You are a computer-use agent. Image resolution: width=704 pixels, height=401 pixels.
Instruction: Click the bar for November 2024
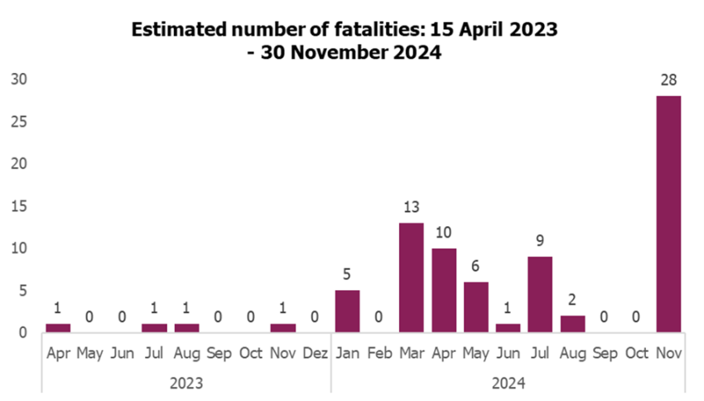[668, 214]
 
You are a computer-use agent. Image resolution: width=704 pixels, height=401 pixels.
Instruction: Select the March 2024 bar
[412, 278]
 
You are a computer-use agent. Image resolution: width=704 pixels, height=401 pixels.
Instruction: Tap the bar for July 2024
[540, 294]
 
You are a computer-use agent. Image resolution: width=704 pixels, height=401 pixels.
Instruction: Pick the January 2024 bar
[347, 311]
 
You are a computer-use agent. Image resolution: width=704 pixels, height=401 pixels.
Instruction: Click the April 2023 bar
[58, 327]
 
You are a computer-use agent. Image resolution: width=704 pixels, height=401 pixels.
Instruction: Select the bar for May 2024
[475, 307]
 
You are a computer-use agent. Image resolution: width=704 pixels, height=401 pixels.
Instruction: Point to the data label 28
[668, 80]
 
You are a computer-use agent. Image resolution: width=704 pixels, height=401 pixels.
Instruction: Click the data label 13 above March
[412, 207]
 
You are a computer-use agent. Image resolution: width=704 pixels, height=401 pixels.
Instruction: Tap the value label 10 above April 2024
[444, 233]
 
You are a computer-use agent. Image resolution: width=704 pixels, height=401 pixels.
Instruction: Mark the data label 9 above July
[540, 241]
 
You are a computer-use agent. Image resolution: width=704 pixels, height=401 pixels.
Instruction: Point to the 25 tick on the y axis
[19, 122]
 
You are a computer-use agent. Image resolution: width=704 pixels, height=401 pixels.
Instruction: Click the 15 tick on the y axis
[19, 206]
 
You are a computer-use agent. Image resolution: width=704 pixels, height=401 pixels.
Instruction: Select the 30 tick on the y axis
[19, 80]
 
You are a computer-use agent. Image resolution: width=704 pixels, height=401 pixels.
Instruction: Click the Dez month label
[315, 353]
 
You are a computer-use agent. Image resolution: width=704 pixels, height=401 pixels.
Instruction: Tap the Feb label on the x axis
[379, 353]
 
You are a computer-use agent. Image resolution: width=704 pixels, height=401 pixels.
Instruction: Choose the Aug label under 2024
[572, 353]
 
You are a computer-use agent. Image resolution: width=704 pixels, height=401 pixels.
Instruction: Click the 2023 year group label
[186, 383]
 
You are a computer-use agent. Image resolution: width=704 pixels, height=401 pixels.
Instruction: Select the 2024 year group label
[508, 383]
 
